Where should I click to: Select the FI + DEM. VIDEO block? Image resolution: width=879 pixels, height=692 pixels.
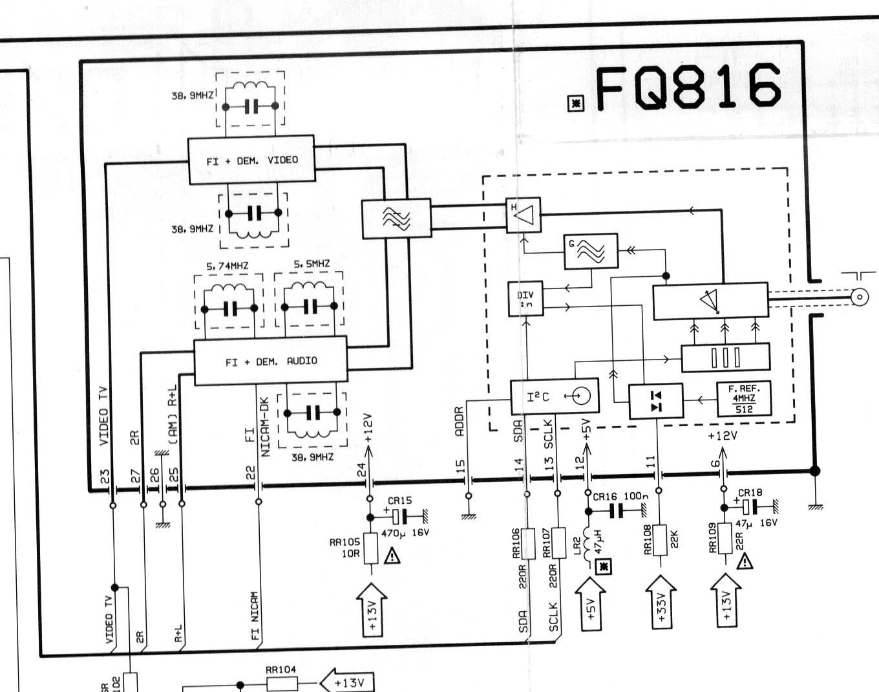coord(251,160)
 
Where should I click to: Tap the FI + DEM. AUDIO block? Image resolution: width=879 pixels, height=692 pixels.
coord(271,361)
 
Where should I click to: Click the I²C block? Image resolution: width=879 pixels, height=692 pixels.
coord(555,396)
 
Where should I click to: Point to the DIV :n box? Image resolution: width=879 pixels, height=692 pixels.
coord(525,298)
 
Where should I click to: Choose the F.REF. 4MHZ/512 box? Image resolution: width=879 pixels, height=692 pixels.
coord(744,398)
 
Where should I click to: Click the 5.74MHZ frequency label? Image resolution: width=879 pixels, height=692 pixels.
coord(228,266)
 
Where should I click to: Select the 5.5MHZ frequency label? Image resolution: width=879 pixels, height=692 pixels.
coord(312,264)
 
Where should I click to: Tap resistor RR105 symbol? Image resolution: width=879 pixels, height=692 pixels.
coord(370,548)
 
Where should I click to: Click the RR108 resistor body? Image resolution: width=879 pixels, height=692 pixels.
coord(660,540)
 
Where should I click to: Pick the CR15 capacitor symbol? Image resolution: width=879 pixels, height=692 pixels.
coord(400,517)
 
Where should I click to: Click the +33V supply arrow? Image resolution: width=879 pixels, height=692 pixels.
coord(661,601)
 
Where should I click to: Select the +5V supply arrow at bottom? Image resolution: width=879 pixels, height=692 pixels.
coord(590,603)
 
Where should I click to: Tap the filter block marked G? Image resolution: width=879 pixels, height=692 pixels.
coord(591,251)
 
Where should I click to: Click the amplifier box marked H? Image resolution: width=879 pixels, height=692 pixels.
coord(524,215)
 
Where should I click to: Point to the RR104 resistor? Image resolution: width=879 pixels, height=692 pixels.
coord(282,683)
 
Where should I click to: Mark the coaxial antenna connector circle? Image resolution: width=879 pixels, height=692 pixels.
coord(859,297)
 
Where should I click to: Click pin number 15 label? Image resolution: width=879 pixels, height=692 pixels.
coord(460,465)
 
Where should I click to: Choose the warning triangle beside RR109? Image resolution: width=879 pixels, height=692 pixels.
coord(745,561)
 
